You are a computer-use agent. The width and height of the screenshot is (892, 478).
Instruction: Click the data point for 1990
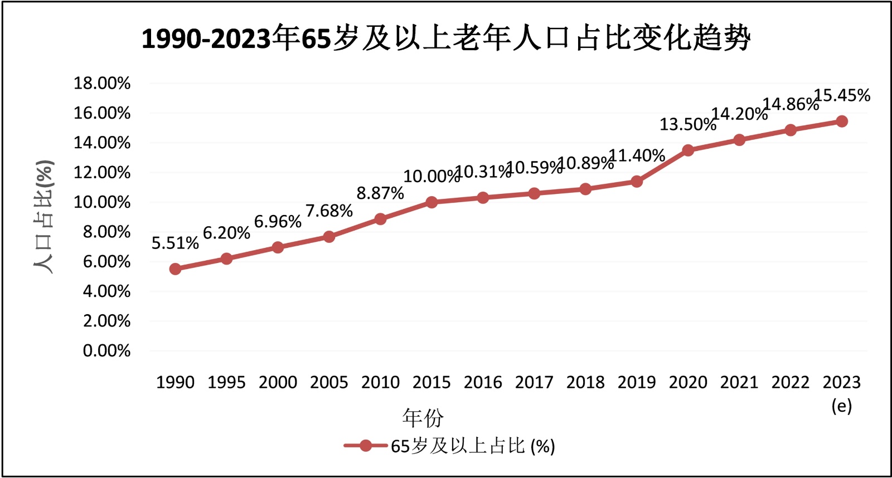click(175, 269)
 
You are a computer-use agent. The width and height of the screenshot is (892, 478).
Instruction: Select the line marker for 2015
click(432, 202)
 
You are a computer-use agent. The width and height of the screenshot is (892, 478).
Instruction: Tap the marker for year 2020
click(688, 150)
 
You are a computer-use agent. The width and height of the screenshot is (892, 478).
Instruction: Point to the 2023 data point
click(842, 121)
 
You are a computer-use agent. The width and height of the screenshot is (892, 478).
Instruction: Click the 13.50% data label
click(687, 124)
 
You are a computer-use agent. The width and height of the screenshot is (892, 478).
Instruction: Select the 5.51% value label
click(175, 243)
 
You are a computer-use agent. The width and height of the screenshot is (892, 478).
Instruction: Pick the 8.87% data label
click(380, 193)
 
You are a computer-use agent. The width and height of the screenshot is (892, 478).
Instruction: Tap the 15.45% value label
click(842, 95)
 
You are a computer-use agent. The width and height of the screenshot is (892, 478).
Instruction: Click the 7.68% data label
click(329, 211)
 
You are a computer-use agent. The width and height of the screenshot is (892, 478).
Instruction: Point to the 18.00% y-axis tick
click(102, 84)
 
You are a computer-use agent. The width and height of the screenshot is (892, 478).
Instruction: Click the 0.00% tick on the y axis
click(106, 351)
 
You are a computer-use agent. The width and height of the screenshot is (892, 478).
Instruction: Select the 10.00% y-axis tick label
click(102, 202)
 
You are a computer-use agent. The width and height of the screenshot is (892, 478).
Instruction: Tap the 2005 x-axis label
click(329, 382)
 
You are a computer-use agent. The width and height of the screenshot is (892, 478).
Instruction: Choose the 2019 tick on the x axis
click(637, 382)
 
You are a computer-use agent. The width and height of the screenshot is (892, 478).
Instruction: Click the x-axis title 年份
click(423, 417)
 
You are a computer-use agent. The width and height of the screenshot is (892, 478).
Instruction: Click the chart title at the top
click(446, 38)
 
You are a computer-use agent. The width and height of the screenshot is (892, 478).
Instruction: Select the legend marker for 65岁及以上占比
click(366, 446)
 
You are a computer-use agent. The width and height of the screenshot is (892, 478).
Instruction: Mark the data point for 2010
click(380, 219)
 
